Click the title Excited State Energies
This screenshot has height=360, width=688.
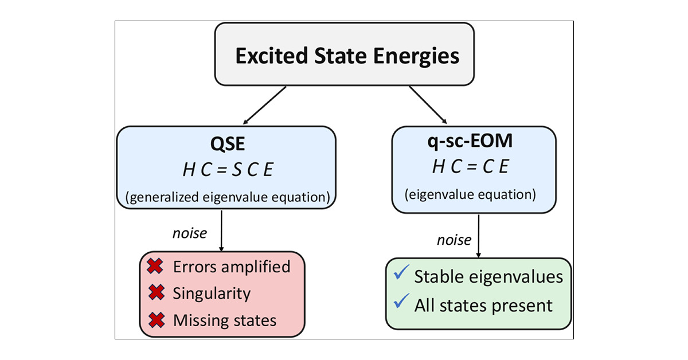click(x=347, y=56)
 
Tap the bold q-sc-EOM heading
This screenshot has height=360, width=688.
click(x=474, y=143)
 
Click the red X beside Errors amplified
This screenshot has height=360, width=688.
click(x=154, y=267)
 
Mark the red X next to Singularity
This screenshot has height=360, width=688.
click(x=154, y=294)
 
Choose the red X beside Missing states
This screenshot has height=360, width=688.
click(x=154, y=320)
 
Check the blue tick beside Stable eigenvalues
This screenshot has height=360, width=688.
click(x=401, y=275)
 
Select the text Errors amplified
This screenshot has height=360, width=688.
click(x=231, y=267)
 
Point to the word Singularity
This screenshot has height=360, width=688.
click(x=212, y=294)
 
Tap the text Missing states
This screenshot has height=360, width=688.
click(x=224, y=320)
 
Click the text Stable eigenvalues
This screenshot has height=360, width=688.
click(x=488, y=276)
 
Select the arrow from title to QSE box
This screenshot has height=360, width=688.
click(x=264, y=105)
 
